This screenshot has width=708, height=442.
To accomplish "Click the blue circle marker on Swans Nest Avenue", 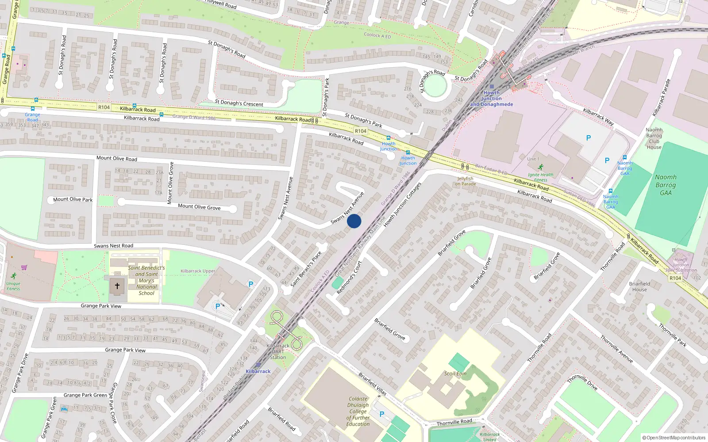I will coord(354,221).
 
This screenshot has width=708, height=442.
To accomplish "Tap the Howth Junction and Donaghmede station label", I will coord(492,99).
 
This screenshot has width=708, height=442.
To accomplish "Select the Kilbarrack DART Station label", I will coord(278,351).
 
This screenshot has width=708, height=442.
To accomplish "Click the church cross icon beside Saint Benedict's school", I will coord(117,286).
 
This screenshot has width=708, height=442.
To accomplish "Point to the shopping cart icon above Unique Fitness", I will coord(24,267).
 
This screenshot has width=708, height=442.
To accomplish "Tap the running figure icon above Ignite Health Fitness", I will coord(540,167).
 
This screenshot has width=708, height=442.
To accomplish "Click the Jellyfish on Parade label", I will coord(466,181).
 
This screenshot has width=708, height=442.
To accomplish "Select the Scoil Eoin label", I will coord(455,373).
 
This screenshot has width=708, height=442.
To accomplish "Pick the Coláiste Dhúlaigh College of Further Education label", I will coord(358,411).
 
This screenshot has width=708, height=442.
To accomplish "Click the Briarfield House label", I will coord(639,286).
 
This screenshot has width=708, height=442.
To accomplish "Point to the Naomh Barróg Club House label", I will coord(654,138).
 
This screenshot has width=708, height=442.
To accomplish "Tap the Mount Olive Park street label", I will coord(73,199).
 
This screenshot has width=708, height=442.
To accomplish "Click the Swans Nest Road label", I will coord(113,246).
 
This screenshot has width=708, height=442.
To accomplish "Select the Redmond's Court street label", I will coord(349,278).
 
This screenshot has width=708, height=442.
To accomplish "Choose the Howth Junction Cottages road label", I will coord(402,205).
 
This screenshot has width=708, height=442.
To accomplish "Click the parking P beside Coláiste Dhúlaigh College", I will coord(382,414).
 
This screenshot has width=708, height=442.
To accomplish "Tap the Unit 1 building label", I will coord(533,159).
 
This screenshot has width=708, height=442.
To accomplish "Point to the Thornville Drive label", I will coord(582,382).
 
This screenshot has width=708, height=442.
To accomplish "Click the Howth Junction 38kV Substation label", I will coord(681,265).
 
